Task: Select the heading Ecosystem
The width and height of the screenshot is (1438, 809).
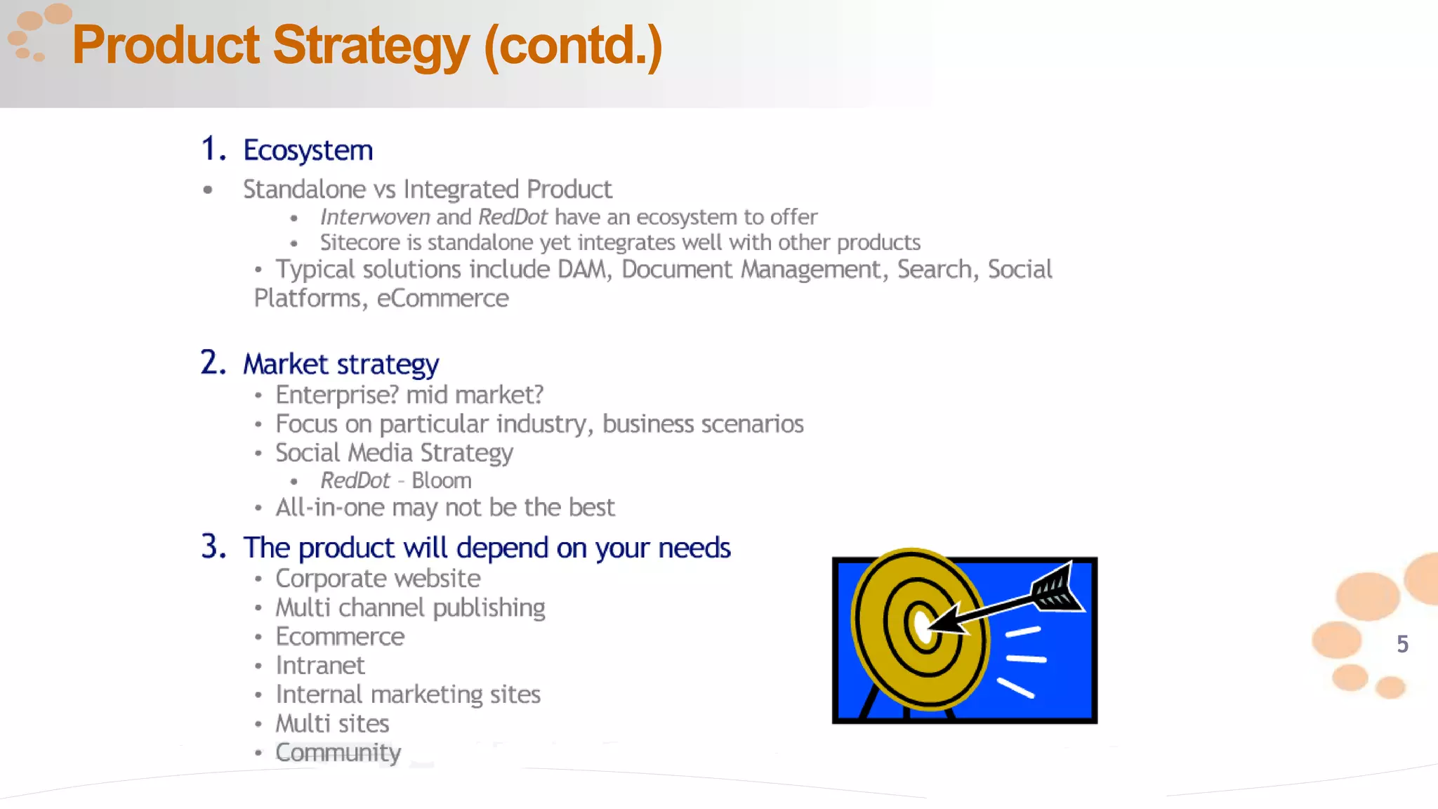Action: (308, 150)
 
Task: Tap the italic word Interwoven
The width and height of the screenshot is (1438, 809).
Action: (375, 217)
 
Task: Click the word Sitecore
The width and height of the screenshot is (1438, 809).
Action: (360, 242)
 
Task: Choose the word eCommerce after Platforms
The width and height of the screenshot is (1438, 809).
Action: (442, 298)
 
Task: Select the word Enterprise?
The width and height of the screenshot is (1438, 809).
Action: (337, 395)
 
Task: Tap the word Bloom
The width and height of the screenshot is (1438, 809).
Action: (441, 481)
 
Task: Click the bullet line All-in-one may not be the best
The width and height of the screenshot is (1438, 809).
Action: (444, 508)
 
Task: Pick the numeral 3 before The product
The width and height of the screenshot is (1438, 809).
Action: (211, 547)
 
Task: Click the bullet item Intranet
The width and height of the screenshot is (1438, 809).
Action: (319, 666)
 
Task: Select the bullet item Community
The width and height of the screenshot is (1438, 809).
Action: (338, 753)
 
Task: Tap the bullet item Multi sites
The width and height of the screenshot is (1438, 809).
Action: (332, 723)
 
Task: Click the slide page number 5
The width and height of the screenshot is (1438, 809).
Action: (1402, 644)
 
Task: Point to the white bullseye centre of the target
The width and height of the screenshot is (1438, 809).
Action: (921, 624)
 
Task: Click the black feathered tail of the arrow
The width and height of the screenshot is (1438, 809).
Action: (1057, 587)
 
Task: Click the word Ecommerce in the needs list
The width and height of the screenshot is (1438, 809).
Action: (340, 637)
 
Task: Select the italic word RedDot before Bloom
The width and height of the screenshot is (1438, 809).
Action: (355, 481)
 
